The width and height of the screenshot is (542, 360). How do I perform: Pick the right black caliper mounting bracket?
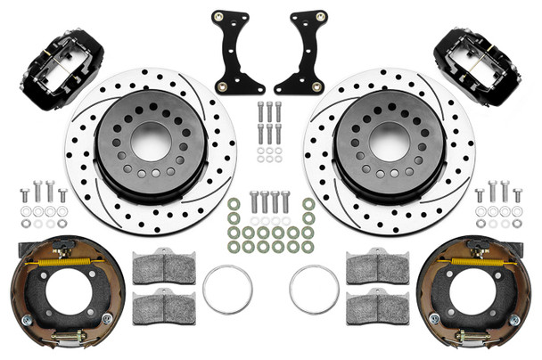[300, 53]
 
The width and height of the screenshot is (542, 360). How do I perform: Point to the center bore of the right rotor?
[390, 139]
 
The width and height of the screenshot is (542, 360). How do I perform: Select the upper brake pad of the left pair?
[164, 266]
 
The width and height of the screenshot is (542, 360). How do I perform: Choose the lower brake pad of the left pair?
[164, 307]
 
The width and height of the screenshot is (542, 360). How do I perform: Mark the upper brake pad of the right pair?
[377, 266]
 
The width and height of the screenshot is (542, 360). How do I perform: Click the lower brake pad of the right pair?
[377, 307]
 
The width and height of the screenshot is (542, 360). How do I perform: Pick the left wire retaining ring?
[227, 290]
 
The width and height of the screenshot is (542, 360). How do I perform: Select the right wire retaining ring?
[314, 290]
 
